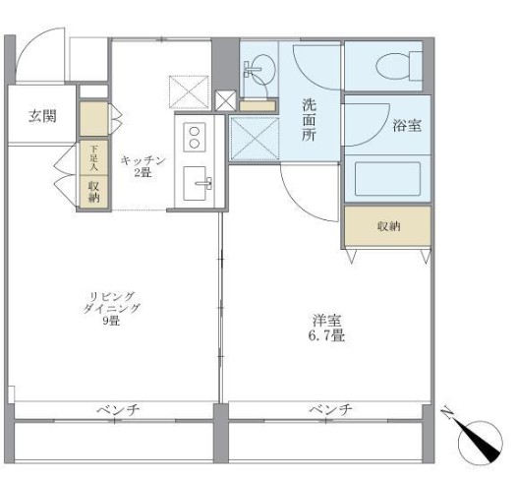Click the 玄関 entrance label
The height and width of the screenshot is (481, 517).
(x=41, y=116)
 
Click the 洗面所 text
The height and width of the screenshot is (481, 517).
(x=310, y=121)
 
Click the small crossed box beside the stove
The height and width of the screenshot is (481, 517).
(x=223, y=100)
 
